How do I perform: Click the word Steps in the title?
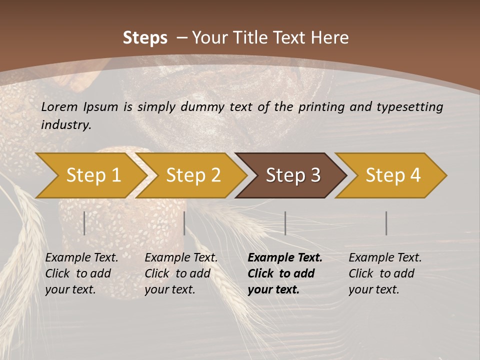pyautogui.click(x=145, y=37)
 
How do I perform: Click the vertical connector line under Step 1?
pyautogui.click(x=84, y=223)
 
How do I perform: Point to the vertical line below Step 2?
pyautogui.click(x=184, y=223)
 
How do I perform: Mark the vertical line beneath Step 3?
pyautogui.click(x=285, y=223)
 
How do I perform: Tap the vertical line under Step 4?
pyautogui.click(x=386, y=223)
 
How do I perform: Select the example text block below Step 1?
pyautogui.click(x=82, y=273)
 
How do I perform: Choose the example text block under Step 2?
pyautogui.click(x=181, y=273)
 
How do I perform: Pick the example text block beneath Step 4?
pyautogui.click(x=385, y=273)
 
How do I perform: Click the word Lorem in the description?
pyautogui.click(x=59, y=106)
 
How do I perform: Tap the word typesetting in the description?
pyautogui.click(x=413, y=106)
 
